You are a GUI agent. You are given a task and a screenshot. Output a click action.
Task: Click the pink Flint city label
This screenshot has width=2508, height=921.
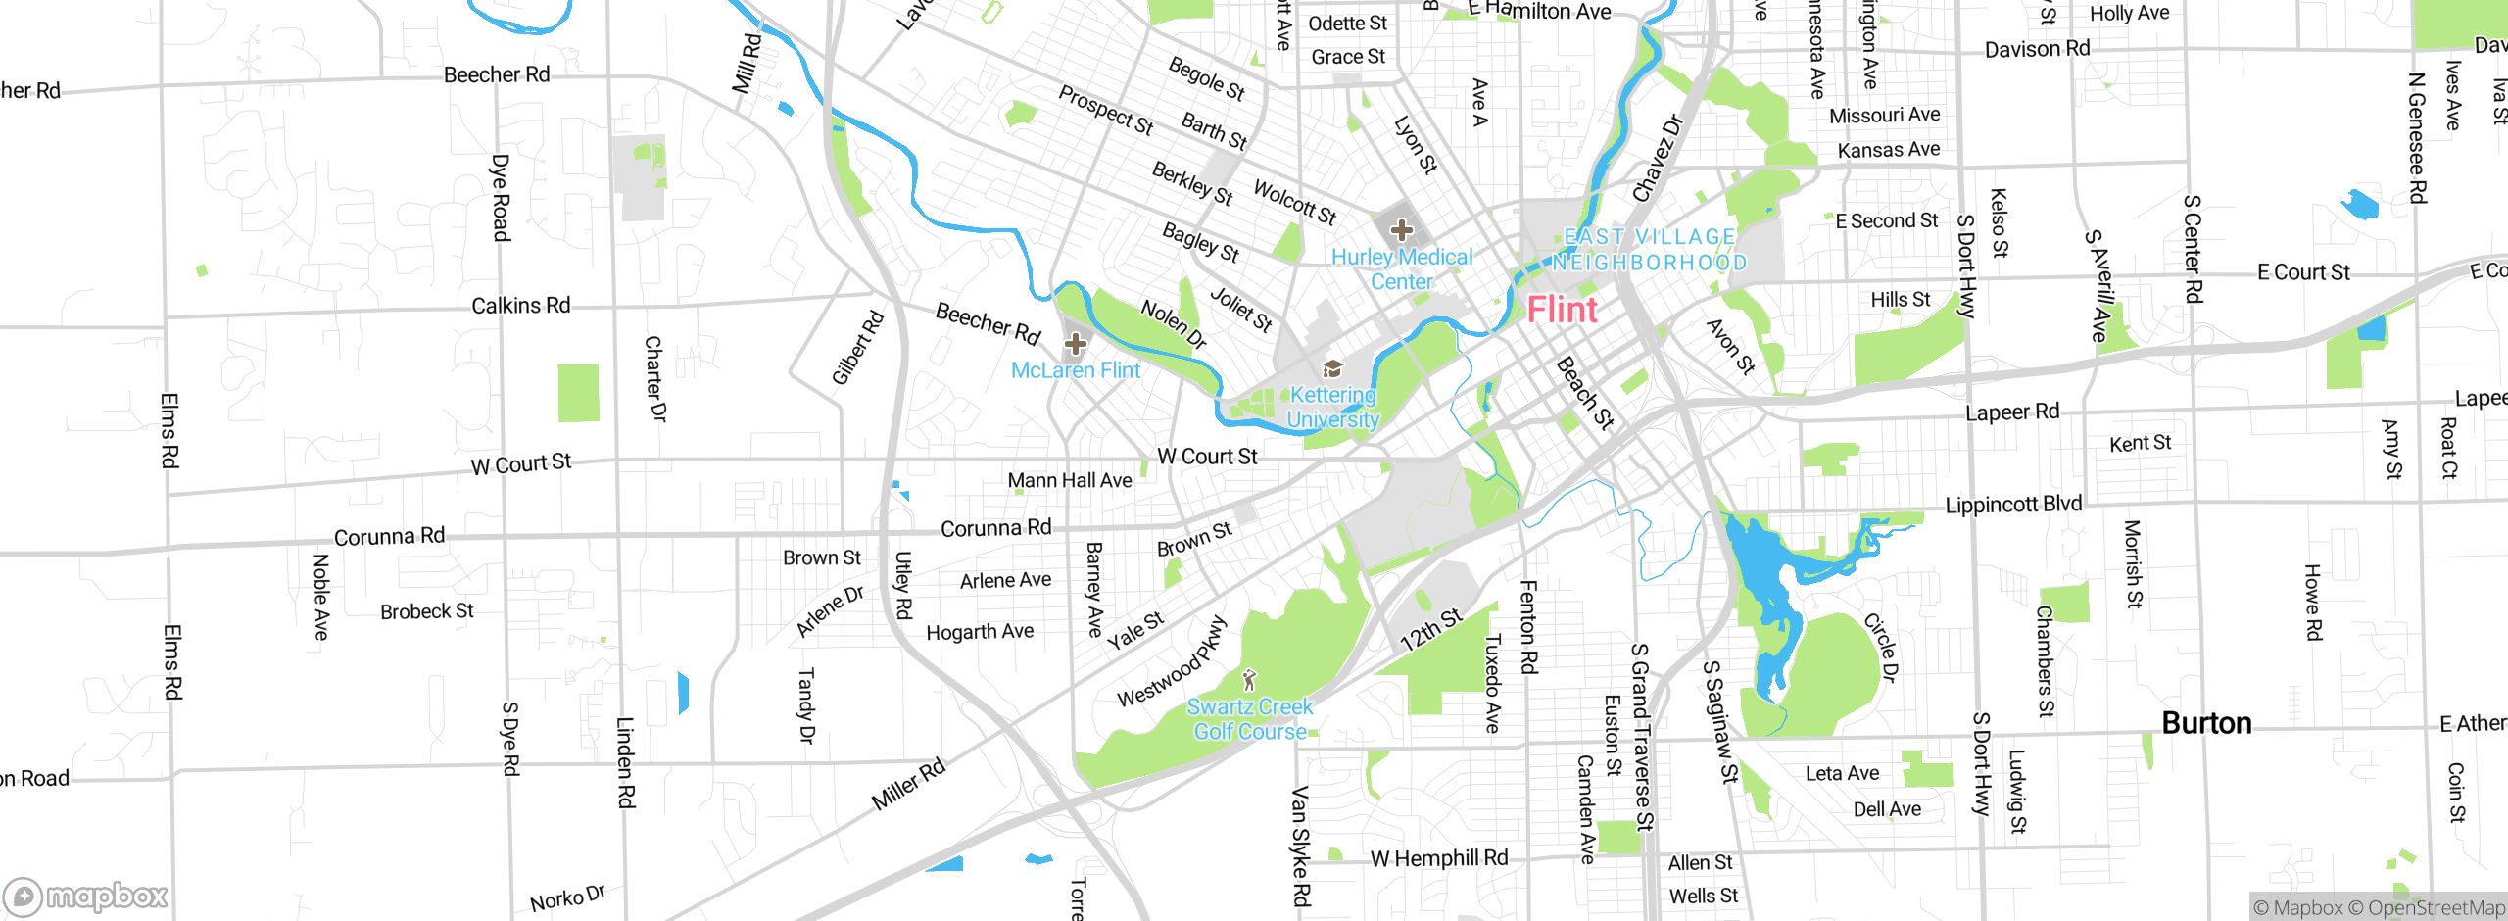coord(1562,311)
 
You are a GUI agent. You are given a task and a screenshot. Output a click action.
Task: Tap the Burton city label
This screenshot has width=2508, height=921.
coord(2206,723)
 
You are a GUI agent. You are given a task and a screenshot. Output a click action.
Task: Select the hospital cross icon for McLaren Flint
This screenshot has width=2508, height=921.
coord(1076,344)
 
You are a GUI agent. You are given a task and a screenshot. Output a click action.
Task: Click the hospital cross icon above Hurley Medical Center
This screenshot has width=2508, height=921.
coord(1401,230)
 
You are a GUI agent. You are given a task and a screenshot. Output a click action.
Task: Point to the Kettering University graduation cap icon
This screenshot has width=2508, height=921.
coord(1332,368)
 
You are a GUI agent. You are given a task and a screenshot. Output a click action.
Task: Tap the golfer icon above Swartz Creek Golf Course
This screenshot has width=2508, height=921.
coord(1248,679)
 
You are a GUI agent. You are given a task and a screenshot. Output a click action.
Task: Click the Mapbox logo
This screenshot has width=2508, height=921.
coord(86,896)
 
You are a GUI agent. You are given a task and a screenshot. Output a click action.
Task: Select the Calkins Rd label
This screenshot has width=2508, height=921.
coord(520,306)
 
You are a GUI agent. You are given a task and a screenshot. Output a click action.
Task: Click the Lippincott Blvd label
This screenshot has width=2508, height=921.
coord(2013,505)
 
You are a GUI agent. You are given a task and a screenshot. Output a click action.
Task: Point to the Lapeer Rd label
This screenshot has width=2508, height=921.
coord(2012,412)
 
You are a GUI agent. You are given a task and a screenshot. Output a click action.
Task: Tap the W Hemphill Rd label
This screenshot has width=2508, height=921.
coord(1438,859)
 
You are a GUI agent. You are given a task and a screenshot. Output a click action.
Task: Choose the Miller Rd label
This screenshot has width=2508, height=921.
coord(908,784)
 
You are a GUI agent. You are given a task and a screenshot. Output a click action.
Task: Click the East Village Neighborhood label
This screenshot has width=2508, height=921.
coord(1650,250)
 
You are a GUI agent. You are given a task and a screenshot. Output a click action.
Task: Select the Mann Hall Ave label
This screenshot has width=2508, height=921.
coord(1069,480)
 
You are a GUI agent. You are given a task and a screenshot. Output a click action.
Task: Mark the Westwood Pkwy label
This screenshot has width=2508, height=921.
coord(1172,661)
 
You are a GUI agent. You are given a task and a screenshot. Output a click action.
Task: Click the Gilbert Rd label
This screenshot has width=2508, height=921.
coord(857,348)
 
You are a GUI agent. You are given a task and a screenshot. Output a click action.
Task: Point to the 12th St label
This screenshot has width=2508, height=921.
coord(1430,629)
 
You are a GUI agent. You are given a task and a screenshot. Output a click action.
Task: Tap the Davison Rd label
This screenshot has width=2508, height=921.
coord(2037,49)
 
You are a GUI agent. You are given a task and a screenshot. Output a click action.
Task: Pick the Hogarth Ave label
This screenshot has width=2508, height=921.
coord(980,632)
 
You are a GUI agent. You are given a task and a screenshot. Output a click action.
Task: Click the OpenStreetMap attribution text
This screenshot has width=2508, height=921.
coord(2436,908)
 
